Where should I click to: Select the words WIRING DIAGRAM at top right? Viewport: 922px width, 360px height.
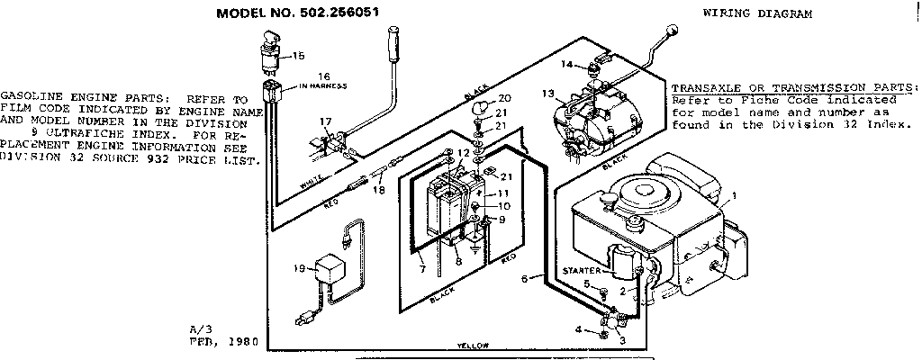pyautogui.click(x=755, y=14)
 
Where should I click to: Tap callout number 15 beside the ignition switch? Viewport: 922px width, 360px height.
pyautogui.click(x=299, y=55)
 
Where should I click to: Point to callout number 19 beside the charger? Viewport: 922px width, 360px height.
pyautogui.click(x=300, y=268)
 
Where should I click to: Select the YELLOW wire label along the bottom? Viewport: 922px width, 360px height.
pyautogui.click(x=473, y=346)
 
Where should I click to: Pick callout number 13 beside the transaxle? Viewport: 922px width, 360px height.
pyautogui.click(x=547, y=94)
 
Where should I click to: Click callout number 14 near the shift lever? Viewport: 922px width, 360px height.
pyautogui.click(x=567, y=64)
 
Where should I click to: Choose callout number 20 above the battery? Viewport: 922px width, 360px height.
pyautogui.click(x=504, y=97)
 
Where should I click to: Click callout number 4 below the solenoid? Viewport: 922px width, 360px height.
pyautogui.click(x=578, y=330)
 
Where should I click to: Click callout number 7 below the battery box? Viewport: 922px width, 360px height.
pyautogui.click(x=420, y=268)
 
